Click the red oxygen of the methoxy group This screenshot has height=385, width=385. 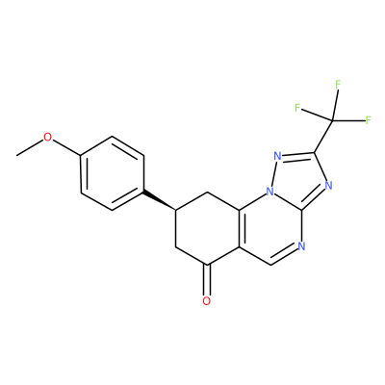coord(47,138)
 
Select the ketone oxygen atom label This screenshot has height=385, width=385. coord(207,301)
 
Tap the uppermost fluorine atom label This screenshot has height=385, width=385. coord(338,85)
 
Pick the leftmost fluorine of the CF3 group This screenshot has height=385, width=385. coord(297,108)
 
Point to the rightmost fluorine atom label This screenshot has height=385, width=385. coord(369,120)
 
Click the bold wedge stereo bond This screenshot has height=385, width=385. coord(160,201)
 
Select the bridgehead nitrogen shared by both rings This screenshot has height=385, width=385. coord(270,192)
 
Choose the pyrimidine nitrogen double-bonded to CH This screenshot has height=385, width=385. coord(301,246)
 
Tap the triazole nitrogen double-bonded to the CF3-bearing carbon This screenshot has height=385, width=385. coord(278,157)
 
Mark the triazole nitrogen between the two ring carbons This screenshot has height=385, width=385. coord(328,185)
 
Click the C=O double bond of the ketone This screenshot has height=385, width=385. coord(207,280)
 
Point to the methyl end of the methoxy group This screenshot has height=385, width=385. coord(16,156)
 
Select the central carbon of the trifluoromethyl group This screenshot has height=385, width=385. coord(332,120)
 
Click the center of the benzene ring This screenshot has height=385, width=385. coord(112,174)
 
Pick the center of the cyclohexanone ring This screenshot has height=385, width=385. coord(208,229)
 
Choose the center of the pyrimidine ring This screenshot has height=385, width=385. coord(270,229)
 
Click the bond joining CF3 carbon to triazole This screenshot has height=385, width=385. coord(323,136)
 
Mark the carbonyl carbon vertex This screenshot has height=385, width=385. coord(208,265)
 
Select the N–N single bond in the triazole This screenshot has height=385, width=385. coord(274,174)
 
